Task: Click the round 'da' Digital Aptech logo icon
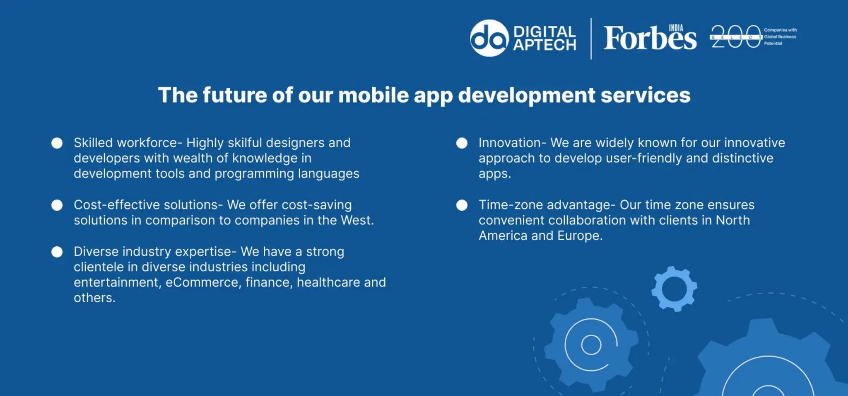pos(489,38)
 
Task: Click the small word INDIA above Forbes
pos(676,28)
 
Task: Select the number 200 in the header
pos(736,37)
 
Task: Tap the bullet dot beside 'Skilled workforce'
pos(57,143)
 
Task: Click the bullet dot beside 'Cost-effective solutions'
pos(57,205)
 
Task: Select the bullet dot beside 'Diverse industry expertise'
pos(57,252)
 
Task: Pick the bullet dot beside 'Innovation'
pos(462,143)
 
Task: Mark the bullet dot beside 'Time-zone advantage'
pos(462,205)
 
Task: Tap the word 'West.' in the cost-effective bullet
pos(357,220)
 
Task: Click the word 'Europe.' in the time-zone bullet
pos(580,236)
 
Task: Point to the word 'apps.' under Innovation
pos(495,174)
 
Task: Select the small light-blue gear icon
pos(674,289)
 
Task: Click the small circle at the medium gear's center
pos(591,345)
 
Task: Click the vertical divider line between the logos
pos(591,39)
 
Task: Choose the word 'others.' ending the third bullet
pos(94,298)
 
